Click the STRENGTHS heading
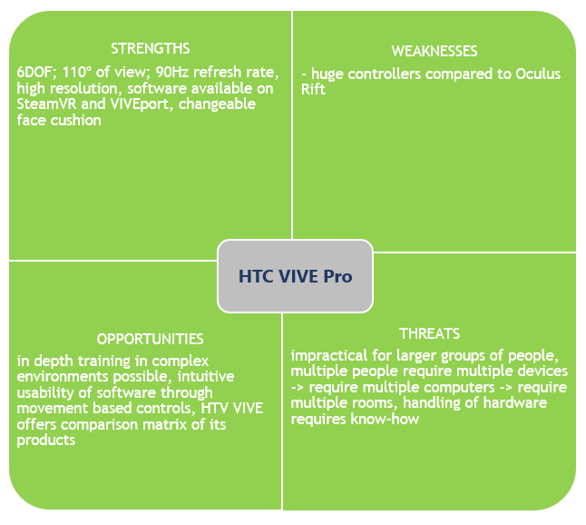click(x=151, y=49)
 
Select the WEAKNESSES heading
click(x=435, y=51)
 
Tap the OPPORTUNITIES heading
click(x=150, y=340)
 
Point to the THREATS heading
click(x=429, y=333)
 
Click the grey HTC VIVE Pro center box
click(x=295, y=276)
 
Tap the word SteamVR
click(x=46, y=104)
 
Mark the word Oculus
click(x=538, y=74)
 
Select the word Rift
click(x=313, y=90)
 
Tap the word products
click(x=46, y=441)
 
